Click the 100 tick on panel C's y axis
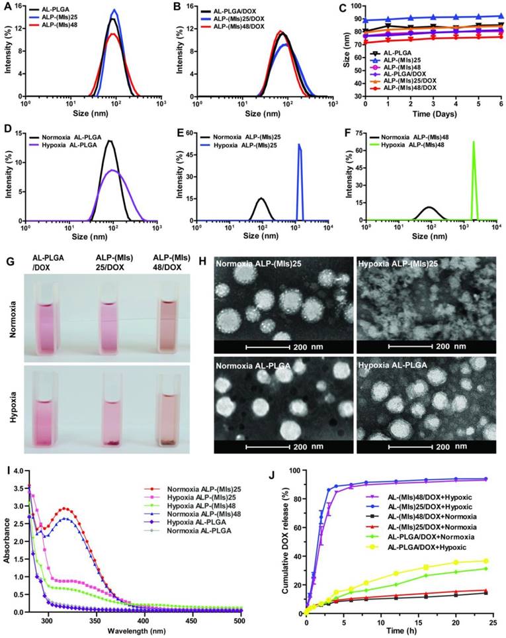point(358,6)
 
